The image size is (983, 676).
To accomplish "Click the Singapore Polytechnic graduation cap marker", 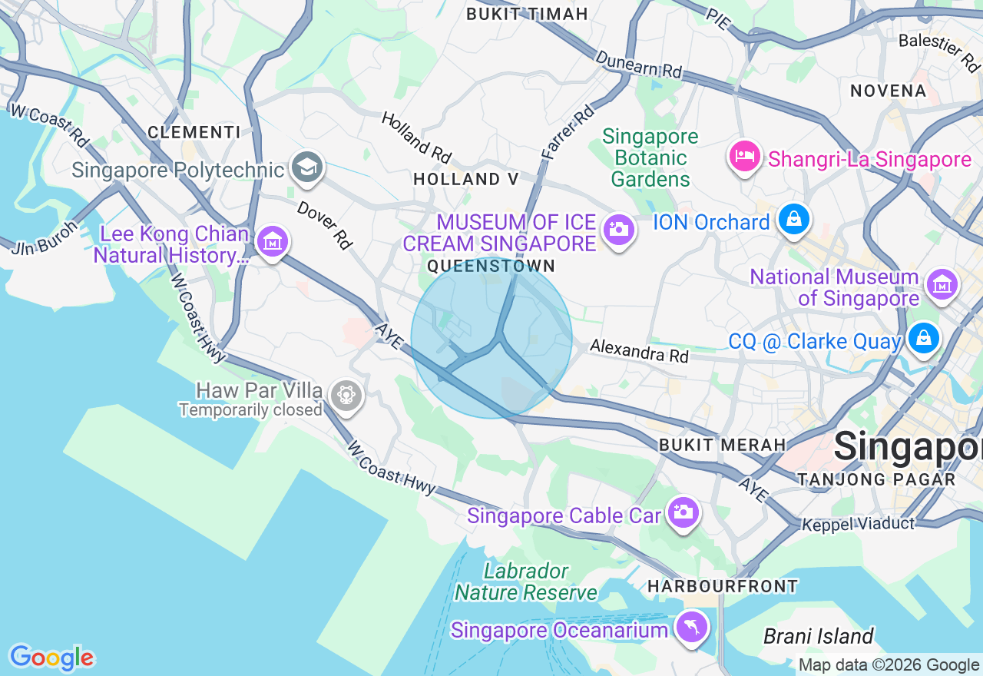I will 307,167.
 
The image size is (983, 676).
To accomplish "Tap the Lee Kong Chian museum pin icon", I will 271,242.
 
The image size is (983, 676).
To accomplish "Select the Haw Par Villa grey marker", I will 346,396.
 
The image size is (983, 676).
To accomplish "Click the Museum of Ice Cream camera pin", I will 617,229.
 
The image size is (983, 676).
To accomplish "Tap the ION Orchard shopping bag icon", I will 794,220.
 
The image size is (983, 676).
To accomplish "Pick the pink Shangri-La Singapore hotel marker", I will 743,157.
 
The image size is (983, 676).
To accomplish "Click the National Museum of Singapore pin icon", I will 942,284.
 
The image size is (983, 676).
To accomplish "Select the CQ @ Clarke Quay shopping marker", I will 924,338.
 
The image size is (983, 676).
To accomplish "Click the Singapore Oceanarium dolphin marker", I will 691,628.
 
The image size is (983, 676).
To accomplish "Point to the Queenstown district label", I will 491,266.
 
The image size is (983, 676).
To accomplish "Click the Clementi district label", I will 194,132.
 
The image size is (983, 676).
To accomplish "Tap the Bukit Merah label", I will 722,445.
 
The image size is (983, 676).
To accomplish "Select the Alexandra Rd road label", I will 639,353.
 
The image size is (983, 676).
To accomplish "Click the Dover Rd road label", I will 324,225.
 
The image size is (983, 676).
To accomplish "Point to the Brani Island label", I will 819,636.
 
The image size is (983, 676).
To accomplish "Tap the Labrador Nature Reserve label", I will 526,582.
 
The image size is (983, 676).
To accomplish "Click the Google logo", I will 51,658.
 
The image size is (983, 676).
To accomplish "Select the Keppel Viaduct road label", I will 858,524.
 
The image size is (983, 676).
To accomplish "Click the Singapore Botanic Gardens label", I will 650,157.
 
